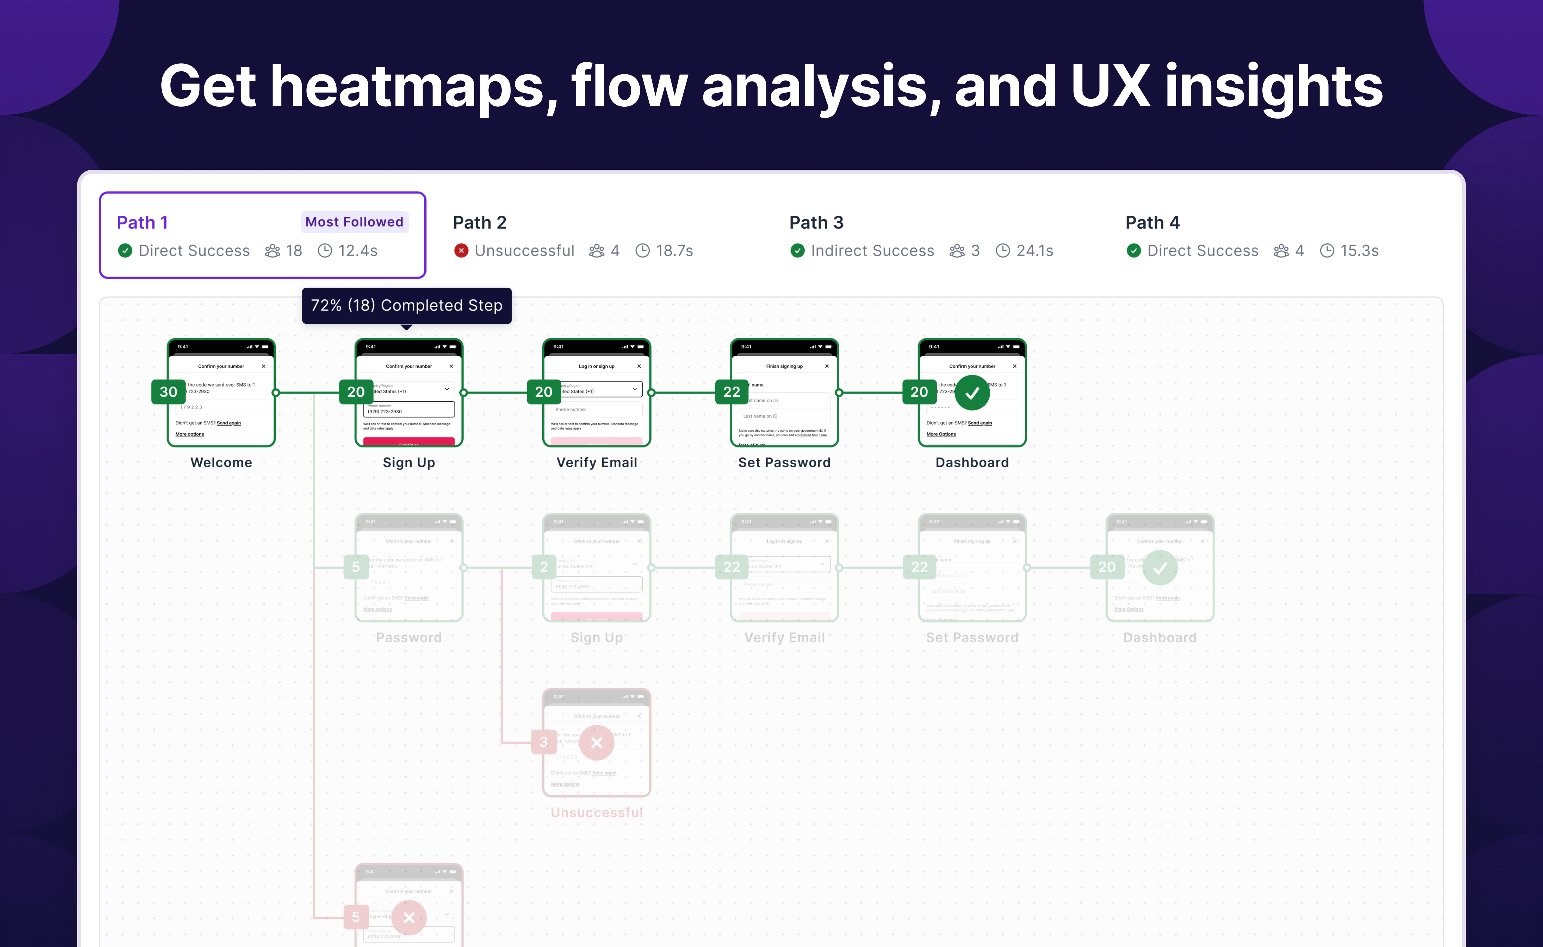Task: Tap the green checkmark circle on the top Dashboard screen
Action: coord(972,393)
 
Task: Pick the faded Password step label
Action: coord(408,637)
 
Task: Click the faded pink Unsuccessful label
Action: coord(596,812)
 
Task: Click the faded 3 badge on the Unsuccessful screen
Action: coord(544,742)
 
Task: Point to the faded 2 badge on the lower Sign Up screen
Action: coord(544,567)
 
